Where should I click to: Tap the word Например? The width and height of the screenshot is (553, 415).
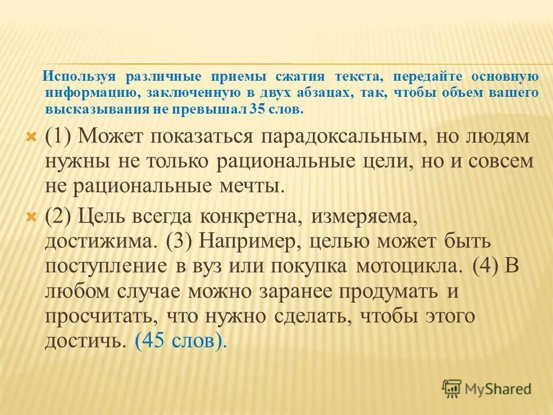(x=251, y=242)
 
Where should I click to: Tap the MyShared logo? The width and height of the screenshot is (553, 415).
(x=487, y=389)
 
